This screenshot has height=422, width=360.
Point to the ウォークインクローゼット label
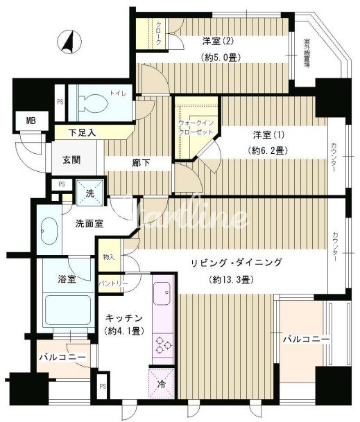[x=194, y=127]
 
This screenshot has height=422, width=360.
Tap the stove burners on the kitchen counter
[x=163, y=344]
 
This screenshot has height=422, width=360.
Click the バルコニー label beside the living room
[x=305, y=340]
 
